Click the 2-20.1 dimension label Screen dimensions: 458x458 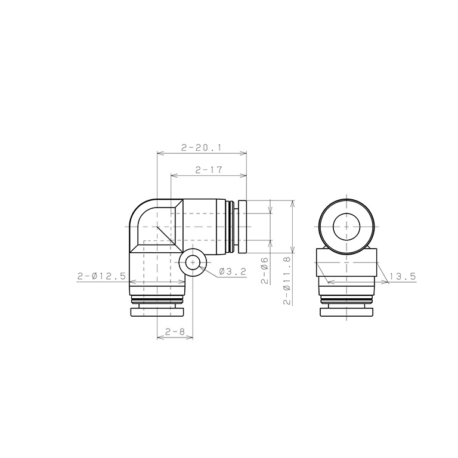point(202,148)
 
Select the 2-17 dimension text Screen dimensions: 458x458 point(209,170)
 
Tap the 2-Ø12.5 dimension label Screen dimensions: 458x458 point(101,276)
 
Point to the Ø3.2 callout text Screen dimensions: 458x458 point(233,272)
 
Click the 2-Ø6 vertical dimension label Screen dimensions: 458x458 point(265,271)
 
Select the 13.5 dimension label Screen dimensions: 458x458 point(403,276)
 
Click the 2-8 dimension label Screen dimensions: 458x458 point(175,332)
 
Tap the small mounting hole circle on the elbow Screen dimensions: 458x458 point(193,262)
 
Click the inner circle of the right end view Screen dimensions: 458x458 point(346,227)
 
